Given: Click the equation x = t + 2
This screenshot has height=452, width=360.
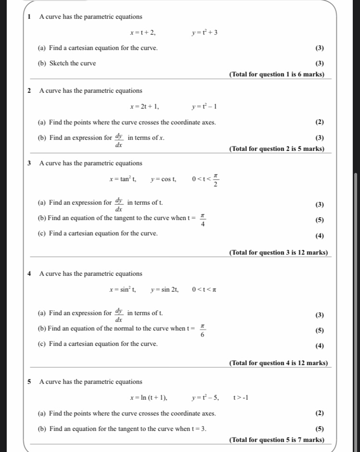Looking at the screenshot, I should pyautogui.click(x=143, y=33).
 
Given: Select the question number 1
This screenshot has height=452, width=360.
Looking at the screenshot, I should pyautogui.click(x=29, y=17).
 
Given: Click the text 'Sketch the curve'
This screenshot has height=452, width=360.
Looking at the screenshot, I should pyautogui.click(x=72, y=63).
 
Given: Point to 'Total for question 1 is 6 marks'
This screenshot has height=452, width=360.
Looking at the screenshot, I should pyautogui.click(x=277, y=74).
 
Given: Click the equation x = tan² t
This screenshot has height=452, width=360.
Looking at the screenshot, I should pyautogui.click(x=123, y=180).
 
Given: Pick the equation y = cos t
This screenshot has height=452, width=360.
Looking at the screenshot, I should pyautogui.click(x=163, y=180).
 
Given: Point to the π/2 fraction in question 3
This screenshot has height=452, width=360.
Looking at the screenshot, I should pyautogui.click(x=216, y=180).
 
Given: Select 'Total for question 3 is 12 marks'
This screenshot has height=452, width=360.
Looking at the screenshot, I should pyautogui.click(x=278, y=253).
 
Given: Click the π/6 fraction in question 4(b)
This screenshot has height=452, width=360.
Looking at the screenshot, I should pyautogui.click(x=203, y=330).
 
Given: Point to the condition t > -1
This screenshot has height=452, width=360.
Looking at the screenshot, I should pyautogui.click(x=240, y=397).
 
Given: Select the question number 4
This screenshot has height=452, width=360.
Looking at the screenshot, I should pyautogui.click(x=29, y=274).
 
